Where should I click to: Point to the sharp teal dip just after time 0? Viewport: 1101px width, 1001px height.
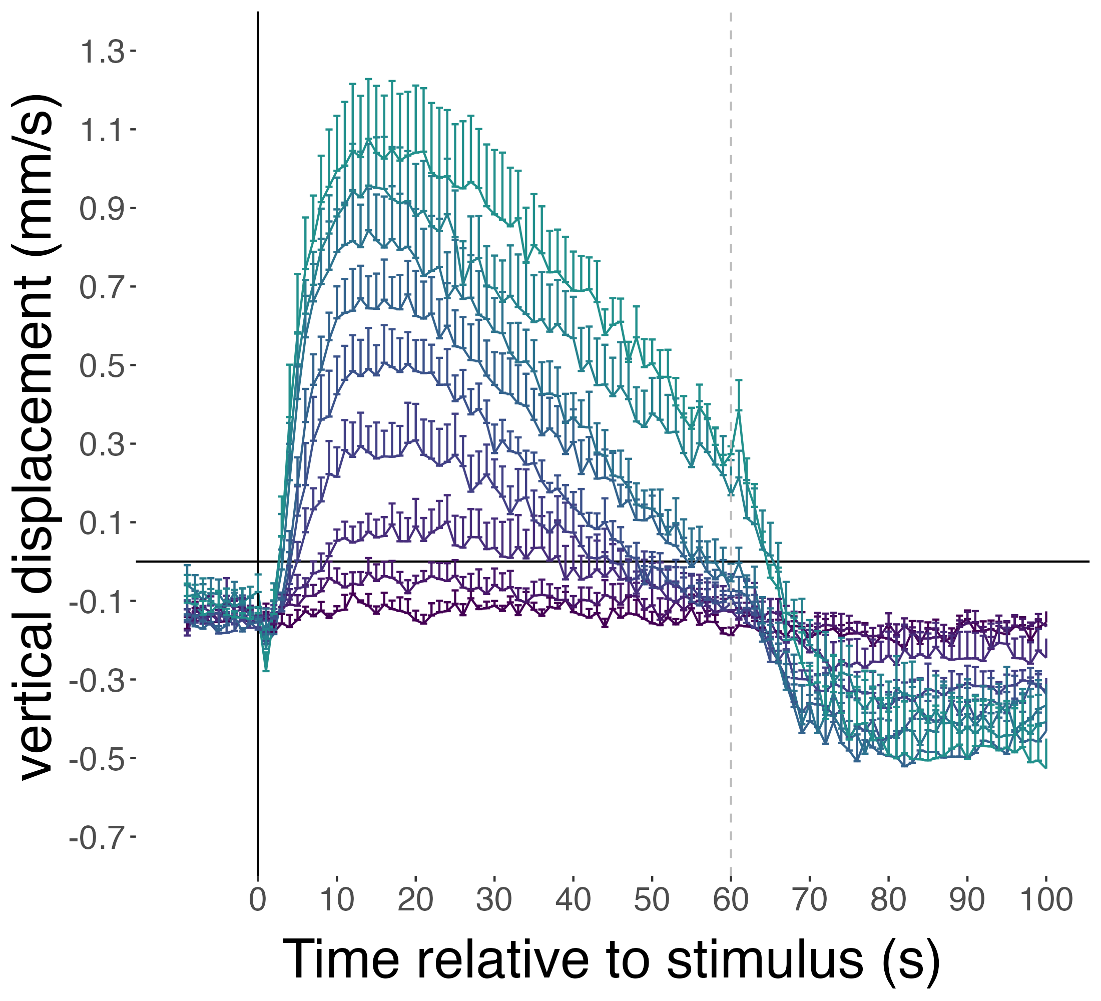coord(266,669)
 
